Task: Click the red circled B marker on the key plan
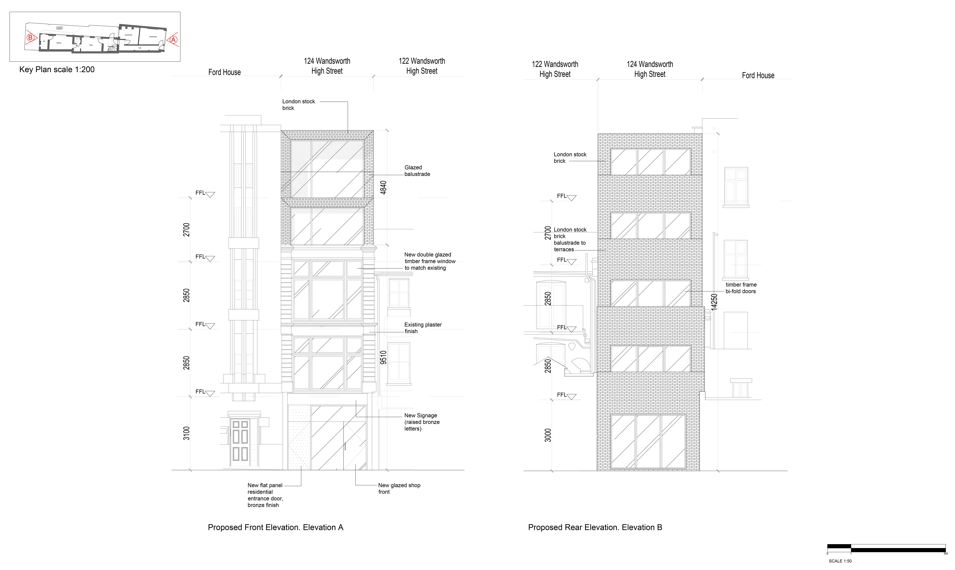click(30, 38)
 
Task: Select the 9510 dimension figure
click(383, 357)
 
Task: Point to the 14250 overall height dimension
click(714, 302)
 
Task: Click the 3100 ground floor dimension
click(186, 433)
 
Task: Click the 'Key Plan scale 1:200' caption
click(57, 70)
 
